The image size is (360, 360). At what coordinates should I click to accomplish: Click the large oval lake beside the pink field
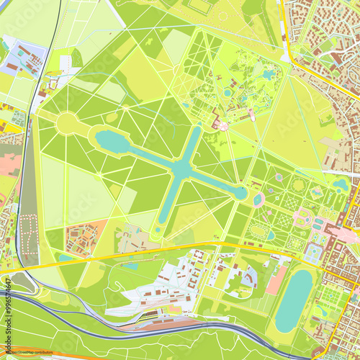294,300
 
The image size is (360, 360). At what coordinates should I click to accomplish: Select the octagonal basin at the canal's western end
112,141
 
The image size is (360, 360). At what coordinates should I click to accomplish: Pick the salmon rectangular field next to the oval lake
276,279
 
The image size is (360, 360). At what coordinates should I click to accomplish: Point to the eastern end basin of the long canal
239,192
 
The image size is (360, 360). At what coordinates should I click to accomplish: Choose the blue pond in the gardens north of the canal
268,74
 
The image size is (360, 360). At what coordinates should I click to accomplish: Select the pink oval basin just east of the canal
258,199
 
